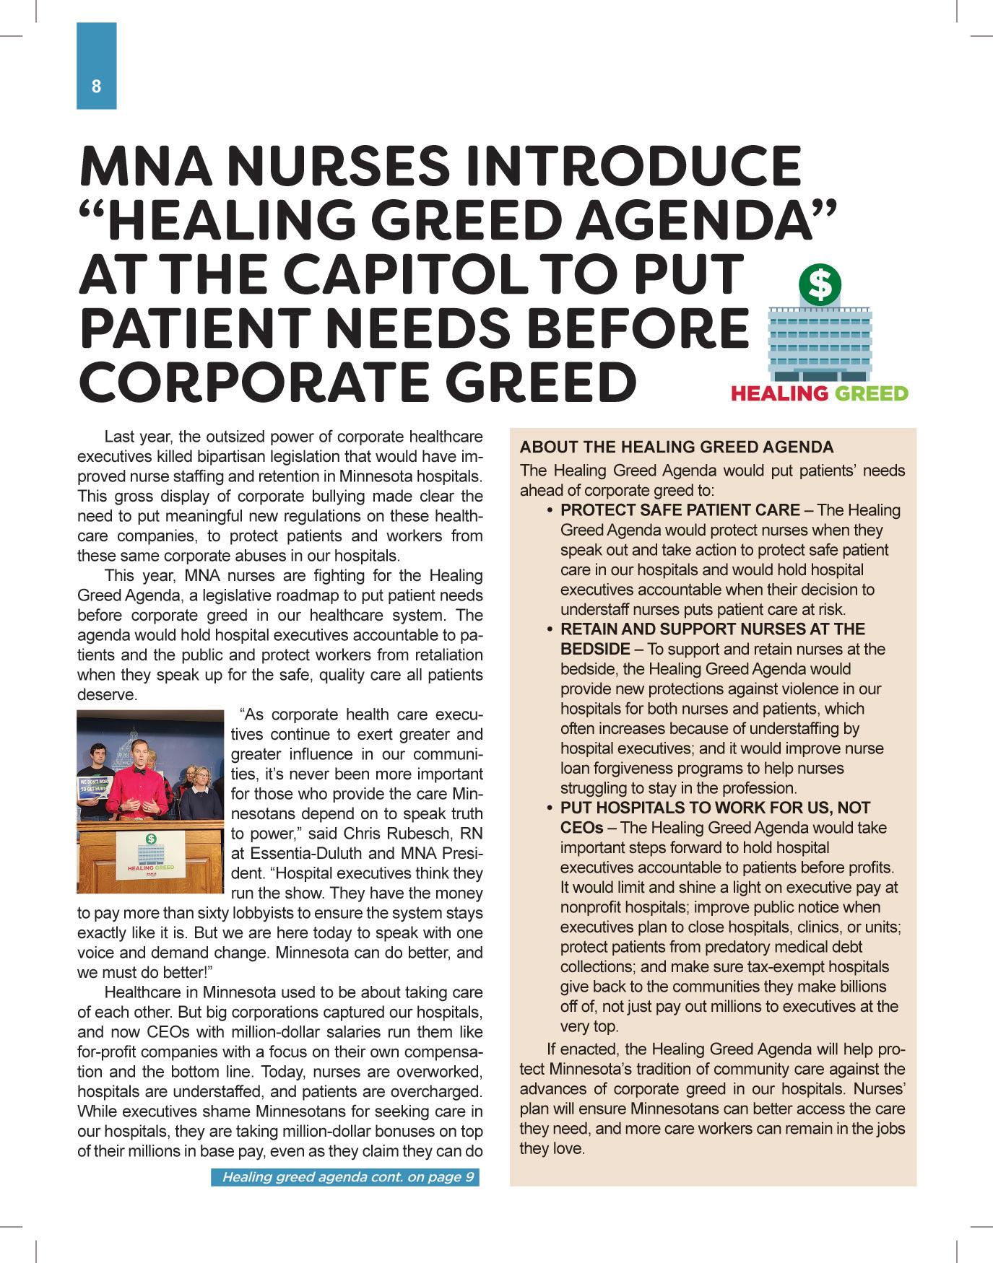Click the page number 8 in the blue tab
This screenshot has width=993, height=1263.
click(x=96, y=87)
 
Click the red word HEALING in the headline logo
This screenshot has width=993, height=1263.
click(x=779, y=393)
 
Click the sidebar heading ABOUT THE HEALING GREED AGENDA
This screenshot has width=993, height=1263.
click(x=677, y=447)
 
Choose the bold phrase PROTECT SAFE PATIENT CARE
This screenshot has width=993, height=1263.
click(x=680, y=510)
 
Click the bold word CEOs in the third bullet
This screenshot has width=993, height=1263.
click(x=581, y=828)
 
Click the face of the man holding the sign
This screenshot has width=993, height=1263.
click(x=95, y=757)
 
